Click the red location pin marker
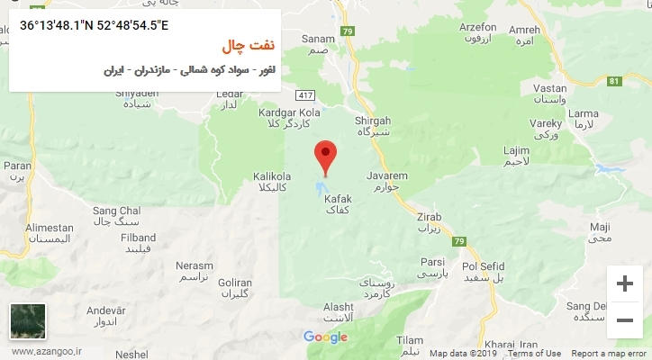pos(325,157)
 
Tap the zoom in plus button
pos(623,283)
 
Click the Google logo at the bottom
pos(325,337)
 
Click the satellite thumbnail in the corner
pos(26,320)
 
